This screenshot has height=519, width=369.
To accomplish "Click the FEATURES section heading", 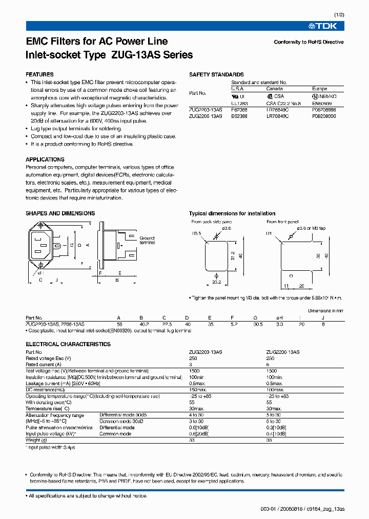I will pyautogui.click(x=39, y=74).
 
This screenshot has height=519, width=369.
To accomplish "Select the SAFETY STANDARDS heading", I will pyautogui.click(x=216, y=74).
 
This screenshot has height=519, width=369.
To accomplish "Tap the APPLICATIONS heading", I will pyautogui.click(x=45, y=159).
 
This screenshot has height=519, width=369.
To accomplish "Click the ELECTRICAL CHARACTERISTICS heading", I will pyautogui.click(x=68, y=344).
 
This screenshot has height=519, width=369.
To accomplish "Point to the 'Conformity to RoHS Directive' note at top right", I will pyautogui.click(x=309, y=42).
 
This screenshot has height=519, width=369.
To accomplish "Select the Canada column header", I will pyautogui.click(x=275, y=89).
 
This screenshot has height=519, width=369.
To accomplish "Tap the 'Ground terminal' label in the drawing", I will pyautogui.click(x=147, y=241).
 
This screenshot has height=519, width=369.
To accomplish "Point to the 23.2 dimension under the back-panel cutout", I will pyautogui.click(x=216, y=282).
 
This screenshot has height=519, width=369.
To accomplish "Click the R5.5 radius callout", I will pyautogui.click(x=196, y=233).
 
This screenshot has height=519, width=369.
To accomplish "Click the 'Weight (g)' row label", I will pyautogui.click(x=36, y=440).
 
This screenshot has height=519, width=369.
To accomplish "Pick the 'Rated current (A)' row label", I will pyautogui.click(x=44, y=364).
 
